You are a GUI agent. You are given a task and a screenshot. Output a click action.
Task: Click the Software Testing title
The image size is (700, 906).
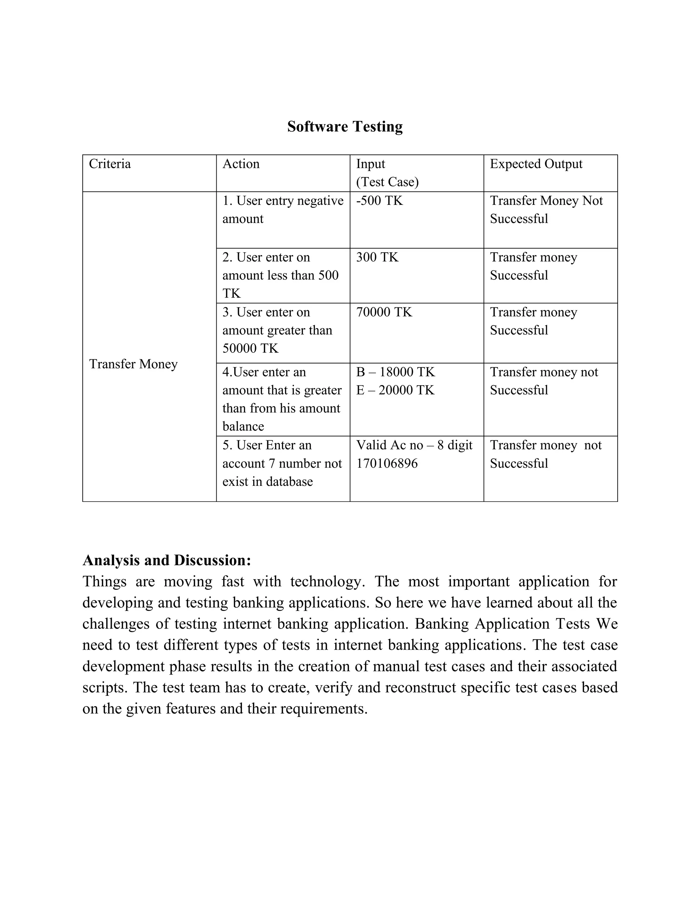coord(345,126)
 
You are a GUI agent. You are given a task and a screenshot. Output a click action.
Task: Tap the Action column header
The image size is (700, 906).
coord(241,164)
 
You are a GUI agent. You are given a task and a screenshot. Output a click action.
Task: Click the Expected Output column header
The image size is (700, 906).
coord(536,164)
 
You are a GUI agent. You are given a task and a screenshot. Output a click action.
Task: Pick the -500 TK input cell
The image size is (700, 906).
coord(379,201)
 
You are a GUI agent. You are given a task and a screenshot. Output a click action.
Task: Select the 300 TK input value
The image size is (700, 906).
coord(377,257)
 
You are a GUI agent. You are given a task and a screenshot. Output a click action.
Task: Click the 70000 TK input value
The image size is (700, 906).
coord(384,312)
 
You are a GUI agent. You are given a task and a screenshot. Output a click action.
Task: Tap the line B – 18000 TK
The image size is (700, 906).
coord(395,372)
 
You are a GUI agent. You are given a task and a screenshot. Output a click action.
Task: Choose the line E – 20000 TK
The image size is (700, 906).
coord(395,390)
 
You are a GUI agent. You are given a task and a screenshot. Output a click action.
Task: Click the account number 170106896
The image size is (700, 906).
coord(387,463)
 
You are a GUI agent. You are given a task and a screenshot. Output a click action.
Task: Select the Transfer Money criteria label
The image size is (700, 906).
coord(133,364)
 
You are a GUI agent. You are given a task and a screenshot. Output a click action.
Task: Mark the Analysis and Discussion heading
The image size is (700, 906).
coord(167,560)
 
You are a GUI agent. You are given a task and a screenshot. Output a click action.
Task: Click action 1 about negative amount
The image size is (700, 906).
coord(282,210)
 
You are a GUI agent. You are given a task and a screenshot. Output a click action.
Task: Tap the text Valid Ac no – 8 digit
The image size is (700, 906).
coord(414,445)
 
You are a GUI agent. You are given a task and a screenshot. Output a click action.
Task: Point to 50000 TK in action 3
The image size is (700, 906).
coord(251,348)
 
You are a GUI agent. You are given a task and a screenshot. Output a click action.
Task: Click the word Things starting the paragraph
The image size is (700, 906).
coord(104,582)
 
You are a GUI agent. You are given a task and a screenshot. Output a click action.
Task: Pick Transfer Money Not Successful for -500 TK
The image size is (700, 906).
coord(546,210)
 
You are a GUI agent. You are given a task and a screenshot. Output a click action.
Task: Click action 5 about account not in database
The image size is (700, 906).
coord(282,463)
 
